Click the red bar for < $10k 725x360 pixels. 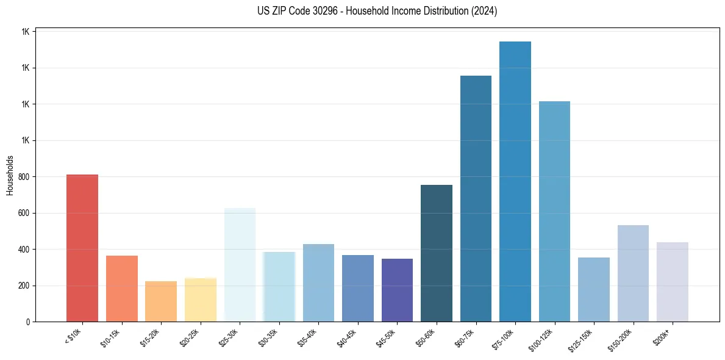tap(82, 248)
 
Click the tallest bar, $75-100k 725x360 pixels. tap(515, 182)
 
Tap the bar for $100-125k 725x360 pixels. tap(554, 212)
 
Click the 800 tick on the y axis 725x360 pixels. tap(24, 177)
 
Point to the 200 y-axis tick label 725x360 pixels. tap(24, 286)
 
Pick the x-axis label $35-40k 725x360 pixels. tap(307, 337)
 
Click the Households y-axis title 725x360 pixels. tap(10, 175)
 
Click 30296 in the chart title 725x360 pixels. tap(323, 11)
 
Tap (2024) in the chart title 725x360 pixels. tap(484, 11)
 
